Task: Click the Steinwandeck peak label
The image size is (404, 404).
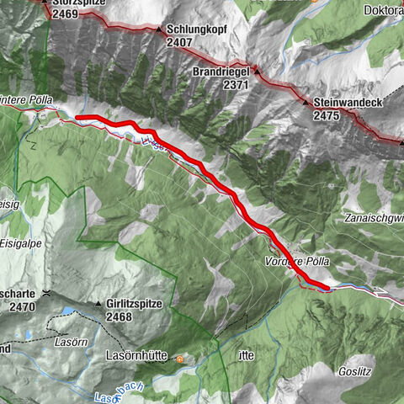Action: click(x=348, y=102)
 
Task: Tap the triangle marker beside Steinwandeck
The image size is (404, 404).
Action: click(x=306, y=102)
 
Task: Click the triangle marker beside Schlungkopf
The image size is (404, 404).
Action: click(x=158, y=29)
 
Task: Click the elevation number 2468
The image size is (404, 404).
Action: click(x=120, y=316)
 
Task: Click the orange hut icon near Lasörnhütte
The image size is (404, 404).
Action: click(x=179, y=358)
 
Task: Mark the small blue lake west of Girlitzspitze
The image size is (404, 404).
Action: click(x=65, y=312)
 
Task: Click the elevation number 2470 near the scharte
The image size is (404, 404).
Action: click(x=22, y=306)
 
